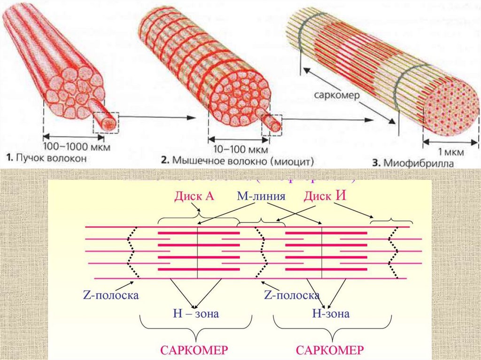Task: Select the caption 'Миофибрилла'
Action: click(413, 163)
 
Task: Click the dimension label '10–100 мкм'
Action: click(239, 150)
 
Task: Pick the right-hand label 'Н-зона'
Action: click(331, 314)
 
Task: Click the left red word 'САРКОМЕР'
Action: click(194, 350)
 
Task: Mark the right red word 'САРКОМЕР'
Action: click(330, 350)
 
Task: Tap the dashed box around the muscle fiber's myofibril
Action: click(272, 124)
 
